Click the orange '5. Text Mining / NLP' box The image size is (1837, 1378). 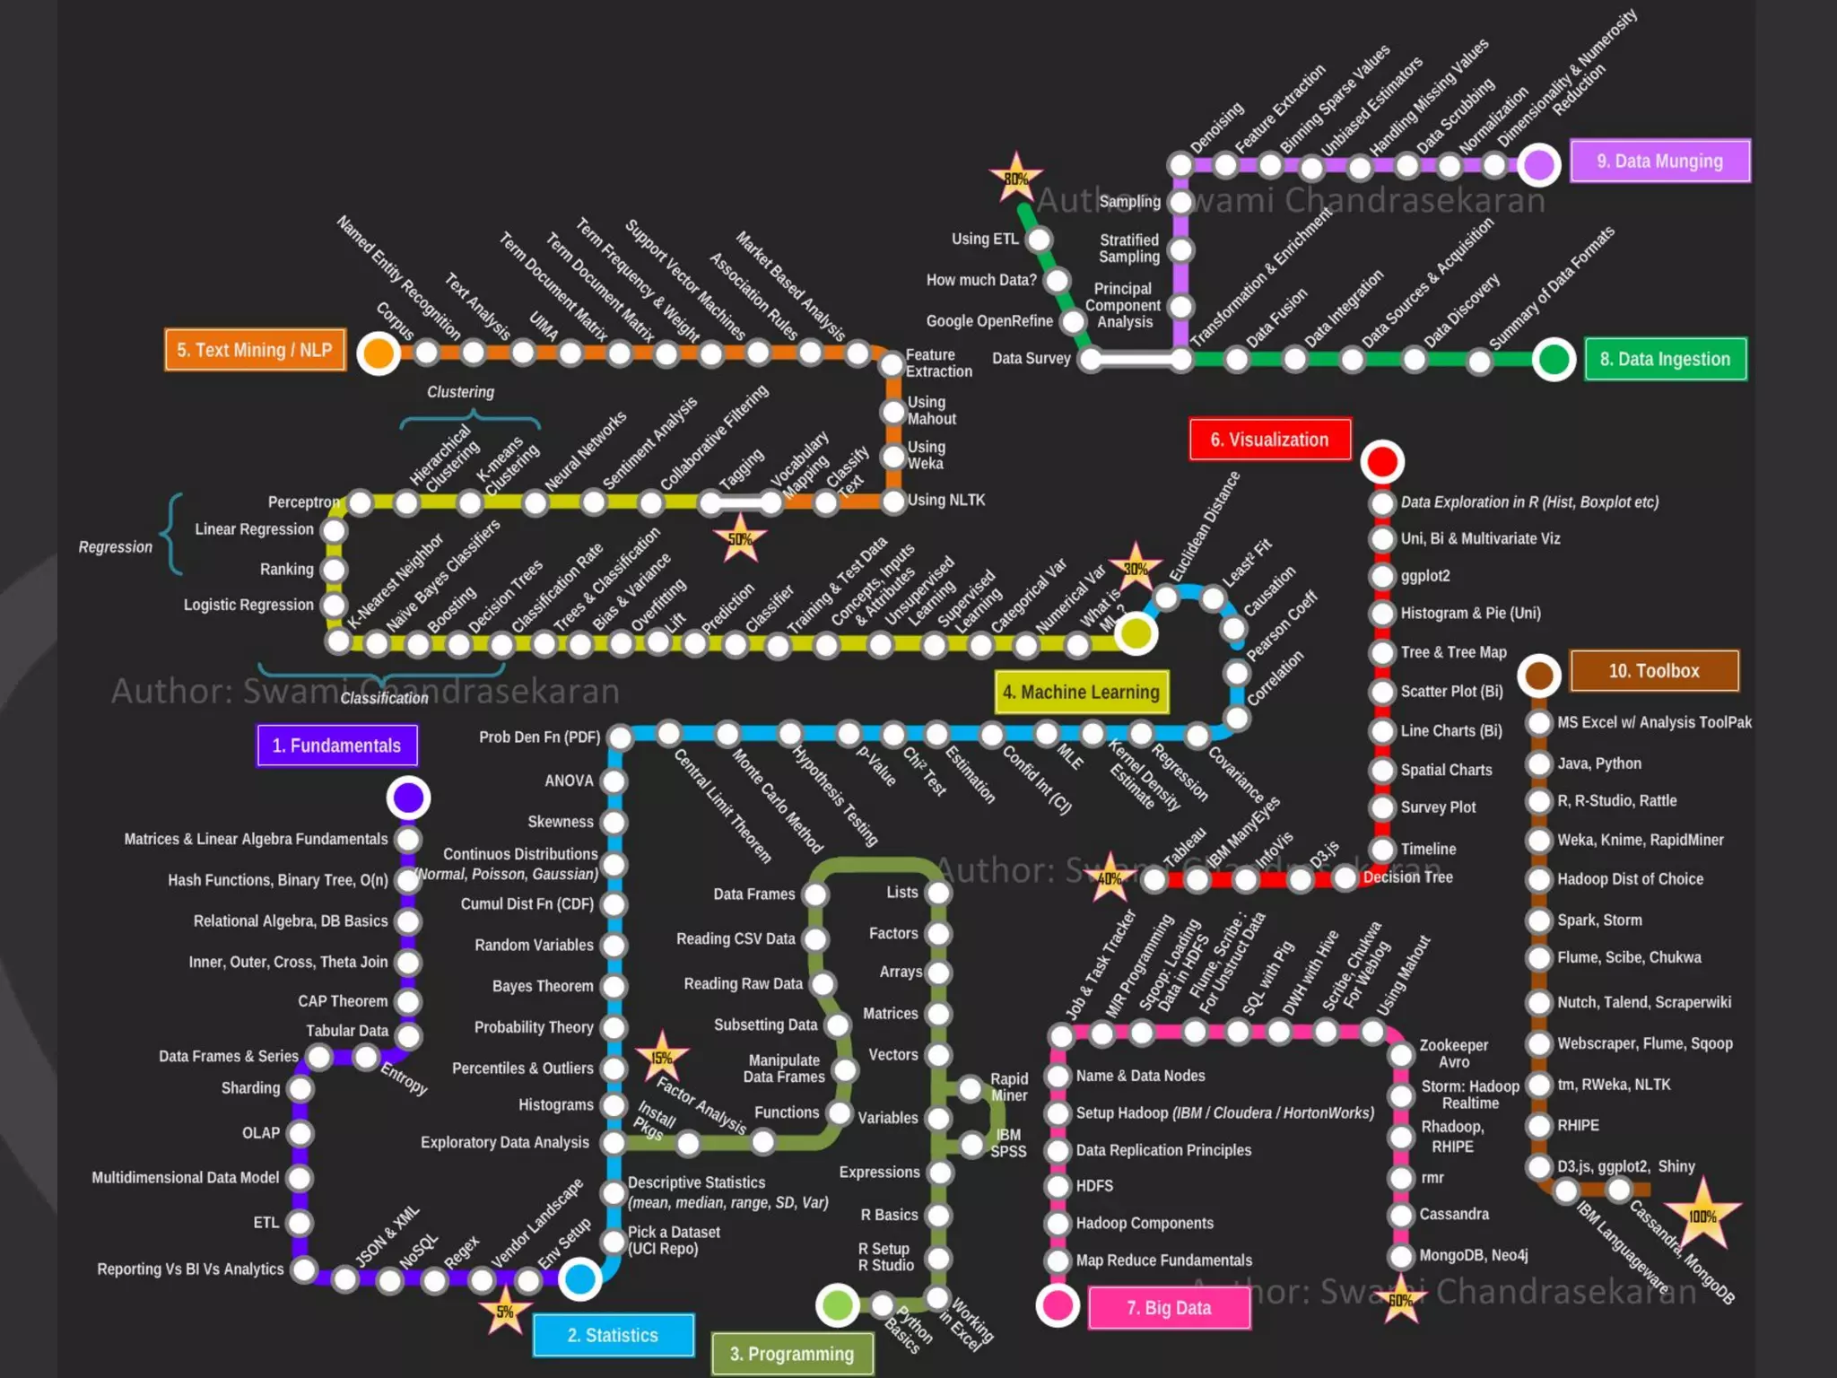pos(255,350)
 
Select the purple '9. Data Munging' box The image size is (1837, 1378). pos(1659,161)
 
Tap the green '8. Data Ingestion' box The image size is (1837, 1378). pos(1665,359)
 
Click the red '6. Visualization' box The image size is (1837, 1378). pos(1269,440)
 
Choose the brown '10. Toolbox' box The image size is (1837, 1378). pos(1653,671)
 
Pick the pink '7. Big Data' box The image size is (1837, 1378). pos(1169,1308)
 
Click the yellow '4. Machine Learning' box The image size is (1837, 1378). pos(1081,692)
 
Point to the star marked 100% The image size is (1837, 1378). pos(1702,1216)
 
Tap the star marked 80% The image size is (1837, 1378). pos(1015,178)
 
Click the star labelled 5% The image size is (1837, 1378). pos(505,1312)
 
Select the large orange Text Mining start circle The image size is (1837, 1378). pos(379,353)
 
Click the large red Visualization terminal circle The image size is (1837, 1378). pos(1382,461)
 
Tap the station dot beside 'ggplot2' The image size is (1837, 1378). pos(1382,576)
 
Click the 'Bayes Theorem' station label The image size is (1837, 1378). pos(543,986)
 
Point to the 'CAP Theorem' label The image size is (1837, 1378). pos(343,1001)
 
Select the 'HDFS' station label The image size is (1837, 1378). pos(1094,1186)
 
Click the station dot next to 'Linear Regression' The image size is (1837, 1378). pos(334,530)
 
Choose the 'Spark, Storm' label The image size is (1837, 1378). pos(1599,920)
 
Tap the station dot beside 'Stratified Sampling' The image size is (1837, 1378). pos(1180,250)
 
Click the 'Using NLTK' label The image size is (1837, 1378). pos(945,500)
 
